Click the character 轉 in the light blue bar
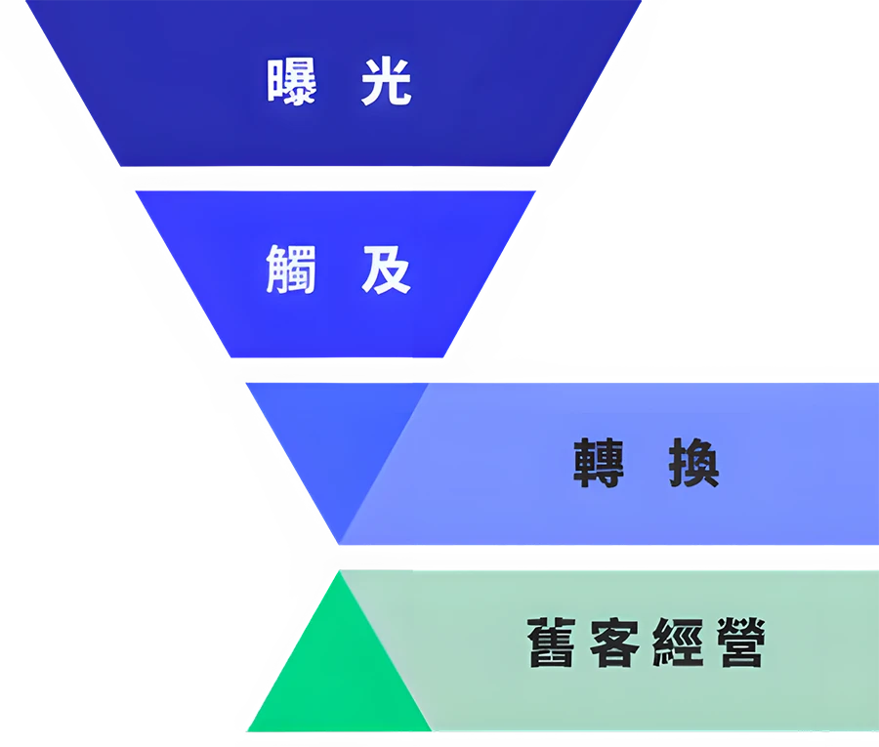coord(599,463)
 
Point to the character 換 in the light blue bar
coord(693,463)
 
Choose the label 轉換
coord(646,463)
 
